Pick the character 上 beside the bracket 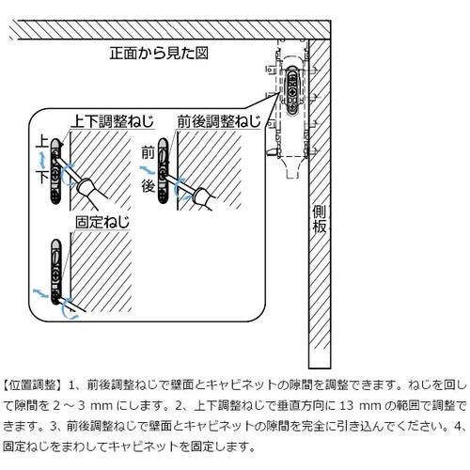click(x=41, y=142)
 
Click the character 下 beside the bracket click(x=41, y=178)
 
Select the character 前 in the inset click(x=148, y=151)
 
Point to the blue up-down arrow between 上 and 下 click(x=43, y=160)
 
